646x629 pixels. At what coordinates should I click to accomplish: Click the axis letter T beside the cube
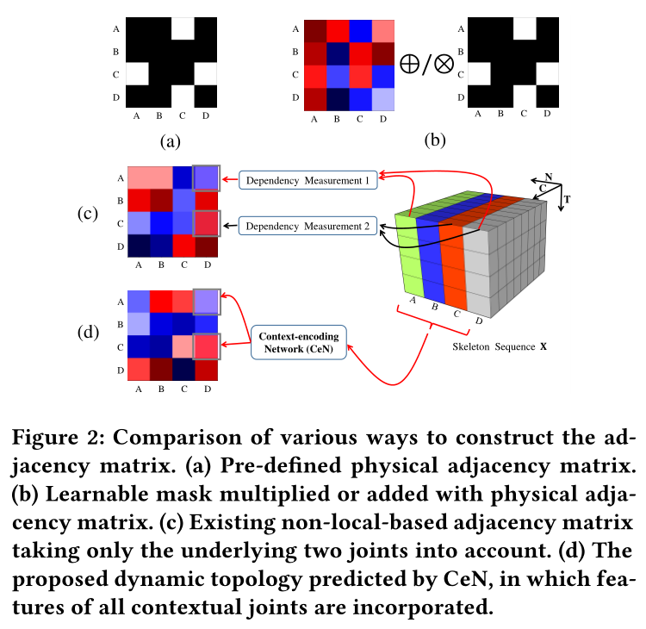(568, 199)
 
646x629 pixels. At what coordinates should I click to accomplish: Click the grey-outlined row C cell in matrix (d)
(207, 347)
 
